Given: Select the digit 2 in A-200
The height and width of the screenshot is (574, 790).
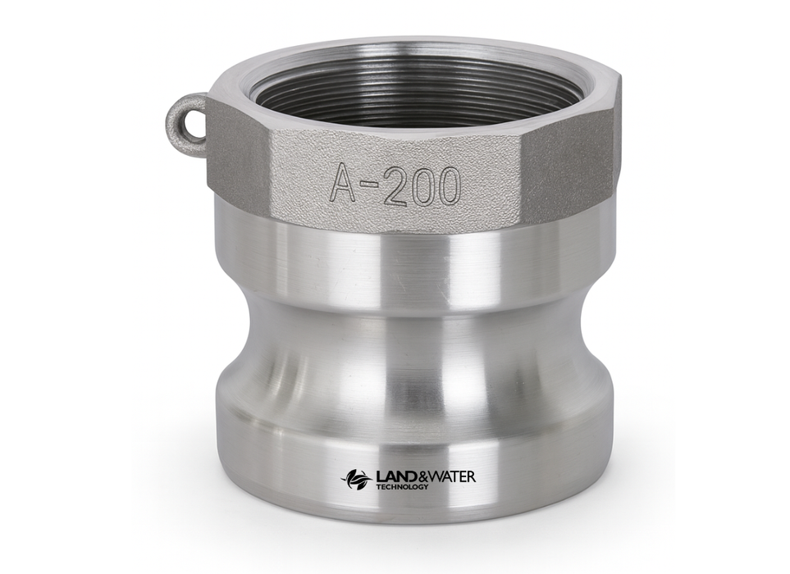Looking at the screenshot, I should (396, 186).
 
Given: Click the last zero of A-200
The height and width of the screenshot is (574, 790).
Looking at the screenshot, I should (449, 188).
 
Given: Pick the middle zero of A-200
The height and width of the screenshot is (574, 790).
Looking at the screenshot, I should (422, 187).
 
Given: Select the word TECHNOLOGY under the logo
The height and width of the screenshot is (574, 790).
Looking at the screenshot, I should (402, 487).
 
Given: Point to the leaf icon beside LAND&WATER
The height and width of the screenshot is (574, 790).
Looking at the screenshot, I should (356, 479).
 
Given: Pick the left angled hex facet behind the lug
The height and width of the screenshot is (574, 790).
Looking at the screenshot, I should (238, 160).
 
